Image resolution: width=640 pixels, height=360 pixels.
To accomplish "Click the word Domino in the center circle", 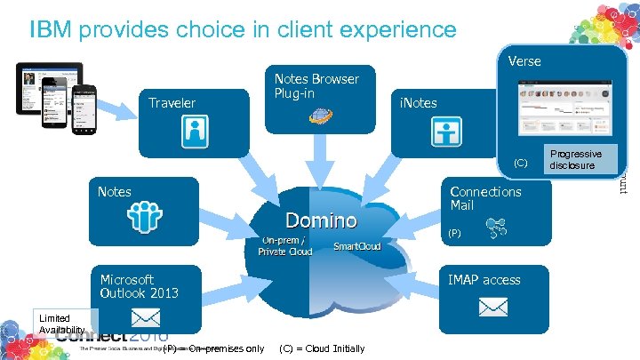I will tap(321, 220).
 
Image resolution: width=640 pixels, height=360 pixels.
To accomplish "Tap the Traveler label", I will tap(172, 102).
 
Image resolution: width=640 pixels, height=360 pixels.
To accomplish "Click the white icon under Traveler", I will tap(195, 133).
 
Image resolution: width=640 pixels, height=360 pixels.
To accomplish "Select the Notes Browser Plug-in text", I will tap(316, 86).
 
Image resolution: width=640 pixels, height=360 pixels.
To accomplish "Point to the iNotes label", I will tap(418, 102).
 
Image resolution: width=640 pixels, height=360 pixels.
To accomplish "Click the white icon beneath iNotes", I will tap(446, 132).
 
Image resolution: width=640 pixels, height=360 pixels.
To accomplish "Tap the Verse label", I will tap(524, 61).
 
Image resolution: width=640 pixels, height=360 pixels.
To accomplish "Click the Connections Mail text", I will tap(485, 198).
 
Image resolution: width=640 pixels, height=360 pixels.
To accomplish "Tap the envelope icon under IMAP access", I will tap(492, 307).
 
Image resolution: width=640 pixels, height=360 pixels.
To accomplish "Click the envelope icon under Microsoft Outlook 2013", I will tap(145, 317).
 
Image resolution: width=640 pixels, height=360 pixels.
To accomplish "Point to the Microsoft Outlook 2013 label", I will tap(139, 286).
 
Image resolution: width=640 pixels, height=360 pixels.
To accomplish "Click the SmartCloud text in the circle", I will tap(356, 246).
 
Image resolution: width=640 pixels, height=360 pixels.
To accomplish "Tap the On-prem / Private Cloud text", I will tap(284, 245).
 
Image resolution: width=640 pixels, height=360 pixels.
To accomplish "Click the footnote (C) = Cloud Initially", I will tap(322, 348).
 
